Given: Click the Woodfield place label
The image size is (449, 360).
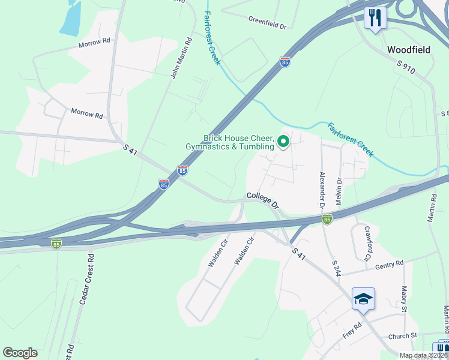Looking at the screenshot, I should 409,50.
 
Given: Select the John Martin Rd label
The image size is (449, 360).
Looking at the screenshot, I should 181,59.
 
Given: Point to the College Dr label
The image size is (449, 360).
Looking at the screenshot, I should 264,199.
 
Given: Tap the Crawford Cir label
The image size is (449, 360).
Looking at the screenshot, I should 364,244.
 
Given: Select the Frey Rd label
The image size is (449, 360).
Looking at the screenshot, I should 352,329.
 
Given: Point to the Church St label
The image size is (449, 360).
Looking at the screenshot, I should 402,336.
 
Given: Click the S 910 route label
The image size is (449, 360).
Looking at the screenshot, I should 405,67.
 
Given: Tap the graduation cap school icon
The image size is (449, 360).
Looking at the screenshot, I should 363,298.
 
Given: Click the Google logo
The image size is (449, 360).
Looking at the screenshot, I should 20,353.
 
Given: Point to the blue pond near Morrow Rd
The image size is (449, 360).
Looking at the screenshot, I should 70,18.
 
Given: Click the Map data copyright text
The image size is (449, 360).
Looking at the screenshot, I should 424,355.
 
